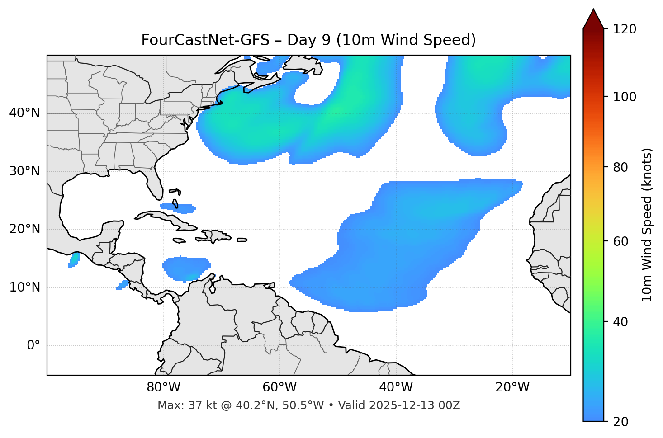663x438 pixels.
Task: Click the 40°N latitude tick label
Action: (24, 113)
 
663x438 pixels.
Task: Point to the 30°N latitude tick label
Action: (24, 171)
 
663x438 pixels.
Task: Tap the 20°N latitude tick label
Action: (24, 229)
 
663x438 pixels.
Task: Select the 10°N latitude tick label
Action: (24, 287)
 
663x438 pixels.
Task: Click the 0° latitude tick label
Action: (33, 346)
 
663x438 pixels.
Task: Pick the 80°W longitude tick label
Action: (163, 387)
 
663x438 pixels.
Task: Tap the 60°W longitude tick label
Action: (279, 387)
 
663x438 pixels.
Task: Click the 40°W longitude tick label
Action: (396, 387)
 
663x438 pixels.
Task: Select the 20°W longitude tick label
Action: (512, 387)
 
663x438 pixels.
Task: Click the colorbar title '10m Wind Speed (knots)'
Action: (647, 225)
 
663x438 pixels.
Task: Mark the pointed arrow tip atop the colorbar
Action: (593, 10)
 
